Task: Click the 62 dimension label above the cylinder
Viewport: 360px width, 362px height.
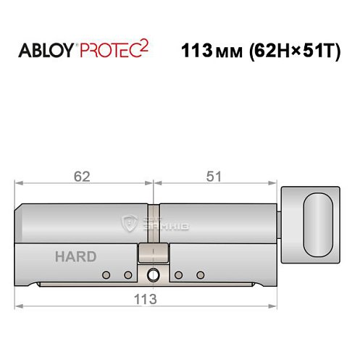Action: (x=84, y=176)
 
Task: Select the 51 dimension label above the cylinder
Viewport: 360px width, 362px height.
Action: (x=214, y=176)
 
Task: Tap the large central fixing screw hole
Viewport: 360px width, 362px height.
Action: (x=153, y=275)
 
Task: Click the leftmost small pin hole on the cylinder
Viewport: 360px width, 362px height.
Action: (x=106, y=275)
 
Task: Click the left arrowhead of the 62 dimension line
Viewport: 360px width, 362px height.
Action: (x=20, y=184)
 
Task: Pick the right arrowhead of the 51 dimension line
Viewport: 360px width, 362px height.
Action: (x=275, y=184)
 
